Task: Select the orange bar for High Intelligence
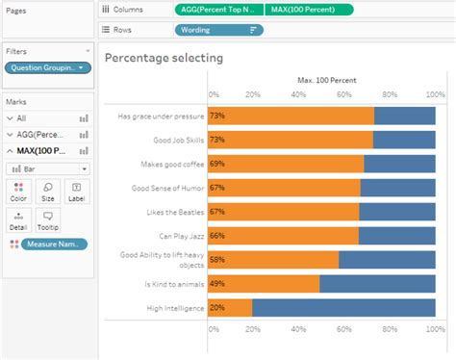(230, 307)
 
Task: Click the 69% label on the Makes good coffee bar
(217, 164)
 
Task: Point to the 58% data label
(217, 259)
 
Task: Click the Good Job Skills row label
(172, 140)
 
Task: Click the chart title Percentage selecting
(164, 59)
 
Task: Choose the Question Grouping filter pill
(48, 67)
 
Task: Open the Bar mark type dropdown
(48, 167)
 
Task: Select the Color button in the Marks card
(16, 192)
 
